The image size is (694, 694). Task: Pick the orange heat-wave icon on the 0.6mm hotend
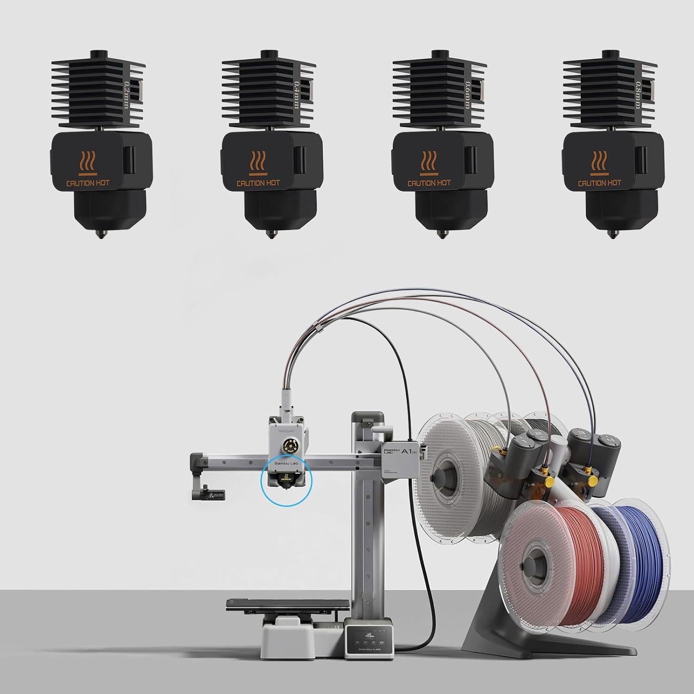pyautogui.click(x=429, y=162)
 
